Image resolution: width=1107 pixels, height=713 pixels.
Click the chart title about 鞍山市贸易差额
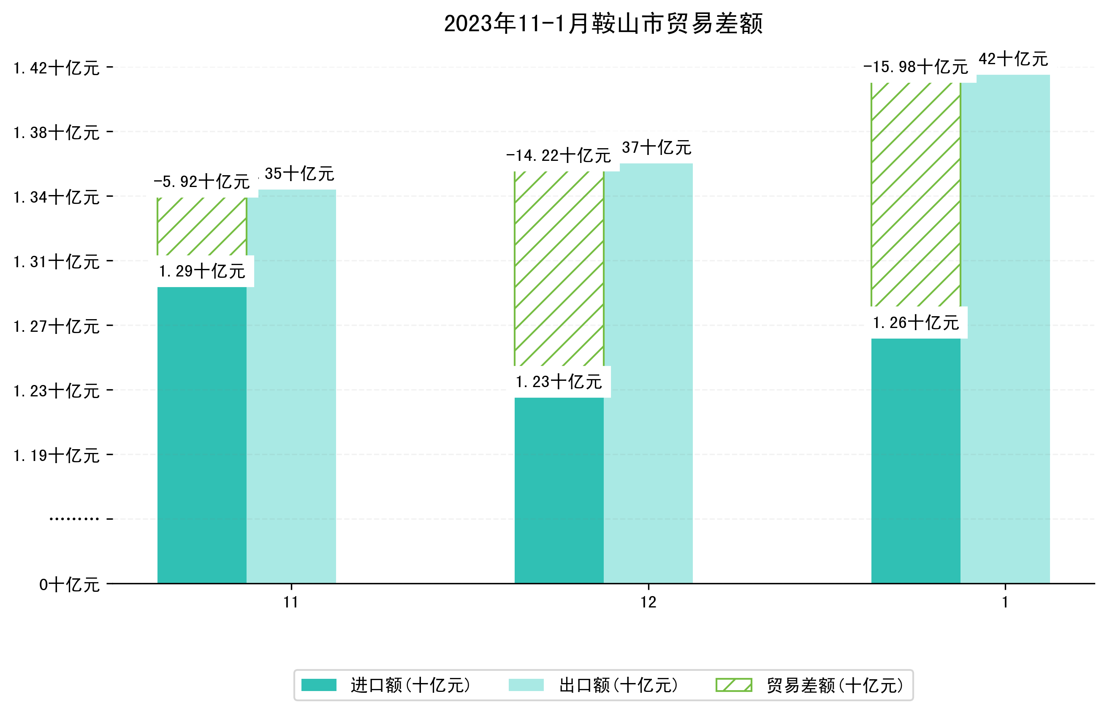(603, 24)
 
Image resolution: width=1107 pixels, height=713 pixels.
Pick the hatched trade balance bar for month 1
(915, 195)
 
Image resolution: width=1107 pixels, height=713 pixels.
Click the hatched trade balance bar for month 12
(559, 268)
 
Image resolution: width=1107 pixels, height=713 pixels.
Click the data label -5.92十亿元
(201, 182)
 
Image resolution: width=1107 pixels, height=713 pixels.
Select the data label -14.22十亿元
(559, 156)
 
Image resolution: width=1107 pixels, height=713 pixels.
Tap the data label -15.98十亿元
(915, 67)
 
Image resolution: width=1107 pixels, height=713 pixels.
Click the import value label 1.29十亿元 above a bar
(202, 271)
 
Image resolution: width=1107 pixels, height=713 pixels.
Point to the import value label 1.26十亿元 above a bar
(915, 323)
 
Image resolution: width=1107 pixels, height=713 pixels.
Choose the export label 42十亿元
(1013, 59)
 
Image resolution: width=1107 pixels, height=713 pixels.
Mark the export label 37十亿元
(656, 148)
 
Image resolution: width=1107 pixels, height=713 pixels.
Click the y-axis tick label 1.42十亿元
(57, 68)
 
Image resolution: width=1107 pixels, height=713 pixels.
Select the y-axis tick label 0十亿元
(69, 585)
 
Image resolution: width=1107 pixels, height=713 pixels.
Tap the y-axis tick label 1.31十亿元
(57, 262)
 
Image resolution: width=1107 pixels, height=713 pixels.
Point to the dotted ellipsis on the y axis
(74, 519)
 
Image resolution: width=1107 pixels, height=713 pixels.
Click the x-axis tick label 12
(648, 602)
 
